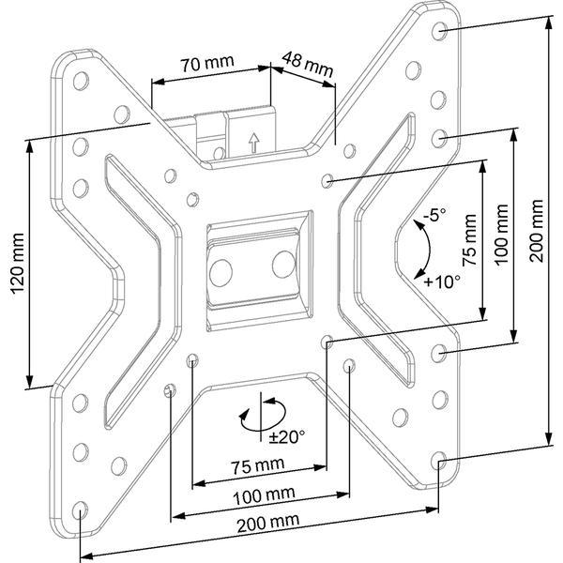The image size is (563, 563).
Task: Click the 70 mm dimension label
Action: point(207,64)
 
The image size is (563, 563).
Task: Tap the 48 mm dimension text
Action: point(308,65)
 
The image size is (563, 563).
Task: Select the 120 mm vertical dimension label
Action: point(18,263)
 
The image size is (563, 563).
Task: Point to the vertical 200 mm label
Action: point(537,231)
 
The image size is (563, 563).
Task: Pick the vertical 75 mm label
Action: point(469,239)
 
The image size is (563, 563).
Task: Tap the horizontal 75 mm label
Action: point(257,466)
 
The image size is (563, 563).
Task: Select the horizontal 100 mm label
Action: point(265,495)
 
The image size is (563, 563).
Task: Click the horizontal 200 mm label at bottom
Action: point(267,524)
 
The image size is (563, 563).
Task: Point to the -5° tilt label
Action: point(434,217)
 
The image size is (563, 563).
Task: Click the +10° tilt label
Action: point(442,281)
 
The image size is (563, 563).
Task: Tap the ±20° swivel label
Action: point(287,437)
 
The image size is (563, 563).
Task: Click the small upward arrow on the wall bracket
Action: point(254,143)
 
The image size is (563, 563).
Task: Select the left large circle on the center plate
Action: point(221,272)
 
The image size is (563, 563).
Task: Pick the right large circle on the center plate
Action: point(284,265)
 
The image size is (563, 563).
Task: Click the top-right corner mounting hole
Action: point(439,31)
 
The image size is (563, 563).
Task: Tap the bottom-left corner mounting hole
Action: point(80,510)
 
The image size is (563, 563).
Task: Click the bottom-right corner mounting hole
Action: point(438,461)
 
